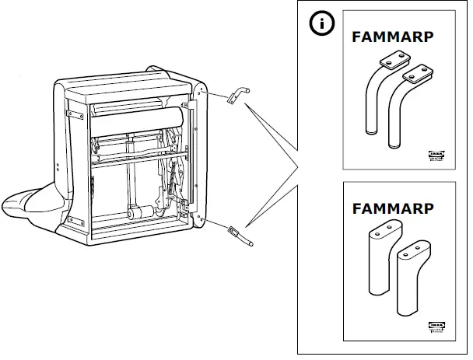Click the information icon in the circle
321,24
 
